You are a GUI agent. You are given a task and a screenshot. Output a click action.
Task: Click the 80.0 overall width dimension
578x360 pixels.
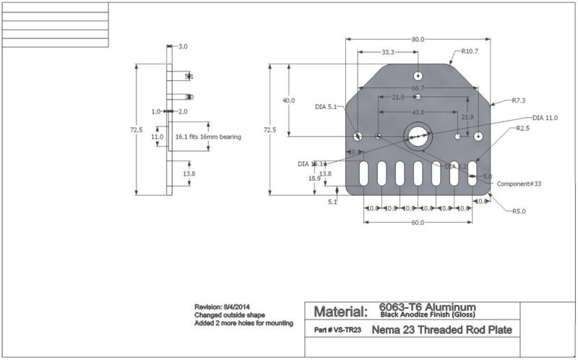pyautogui.click(x=418, y=40)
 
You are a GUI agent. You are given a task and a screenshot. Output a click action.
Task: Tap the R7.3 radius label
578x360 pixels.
pyautogui.click(x=519, y=100)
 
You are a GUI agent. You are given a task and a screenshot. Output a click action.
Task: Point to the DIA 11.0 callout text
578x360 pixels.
pyautogui.click(x=545, y=117)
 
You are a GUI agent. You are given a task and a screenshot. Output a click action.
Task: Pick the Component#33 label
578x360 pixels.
pyautogui.click(x=519, y=184)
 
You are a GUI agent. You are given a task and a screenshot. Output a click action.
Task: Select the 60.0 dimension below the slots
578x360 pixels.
pyautogui.click(x=418, y=223)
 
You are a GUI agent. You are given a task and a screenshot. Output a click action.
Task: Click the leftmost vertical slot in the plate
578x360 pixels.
pyautogui.click(x=363, y=173)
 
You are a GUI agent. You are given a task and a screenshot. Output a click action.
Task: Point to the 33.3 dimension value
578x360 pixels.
pyautogui.click(x=387, y=53)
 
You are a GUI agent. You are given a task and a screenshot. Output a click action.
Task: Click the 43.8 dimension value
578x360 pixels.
pyautogui.click(x=418, y=113)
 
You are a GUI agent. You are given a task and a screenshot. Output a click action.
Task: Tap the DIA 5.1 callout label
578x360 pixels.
pyautogui.click(x=326, y=107)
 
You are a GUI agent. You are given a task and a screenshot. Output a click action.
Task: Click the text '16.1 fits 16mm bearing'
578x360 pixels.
pyautogui.click(x=208, y=136)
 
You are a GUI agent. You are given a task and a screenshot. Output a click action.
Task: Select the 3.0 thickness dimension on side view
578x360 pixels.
pyautogui.click(x=182, y=46)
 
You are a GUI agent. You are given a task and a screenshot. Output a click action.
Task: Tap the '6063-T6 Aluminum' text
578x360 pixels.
pyautogui.click(x=427, y=307)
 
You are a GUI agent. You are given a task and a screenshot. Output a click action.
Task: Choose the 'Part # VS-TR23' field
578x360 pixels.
pyautogui.click(x=338, y=330)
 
